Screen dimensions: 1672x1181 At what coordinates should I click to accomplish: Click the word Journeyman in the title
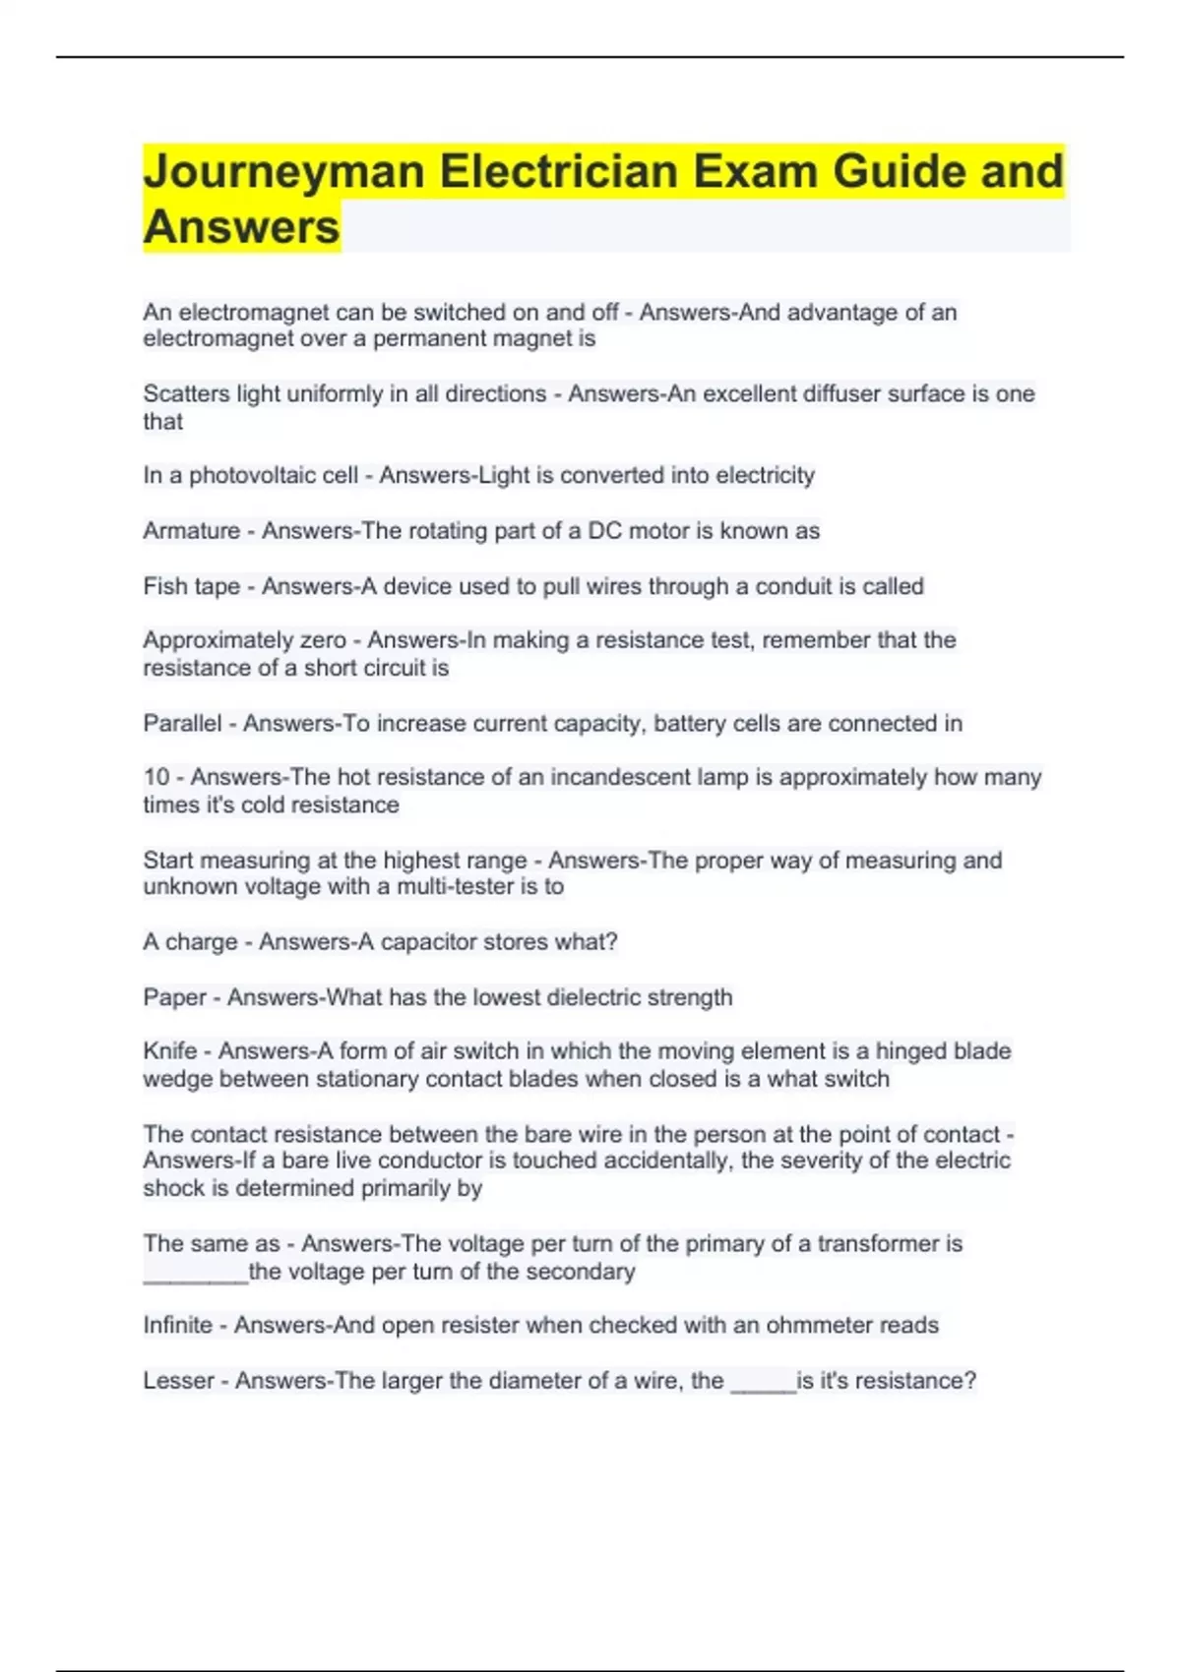pos(283,173)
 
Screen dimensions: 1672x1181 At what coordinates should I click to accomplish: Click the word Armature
pos(191,531)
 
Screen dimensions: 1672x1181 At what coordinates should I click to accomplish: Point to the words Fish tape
pos(191,586)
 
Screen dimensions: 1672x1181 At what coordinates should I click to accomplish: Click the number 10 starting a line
pos(155,777)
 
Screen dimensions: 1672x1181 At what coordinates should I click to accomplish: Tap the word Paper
pos(174,997)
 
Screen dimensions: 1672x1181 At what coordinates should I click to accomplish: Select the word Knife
pos(169,1051)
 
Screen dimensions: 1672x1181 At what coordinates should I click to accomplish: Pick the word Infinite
pos(177,1325)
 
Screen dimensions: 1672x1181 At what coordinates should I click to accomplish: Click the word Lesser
pos(178,1381)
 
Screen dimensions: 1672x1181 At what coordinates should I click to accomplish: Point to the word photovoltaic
pos(274,476)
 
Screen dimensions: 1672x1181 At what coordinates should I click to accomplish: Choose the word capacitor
pos(428,942)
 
